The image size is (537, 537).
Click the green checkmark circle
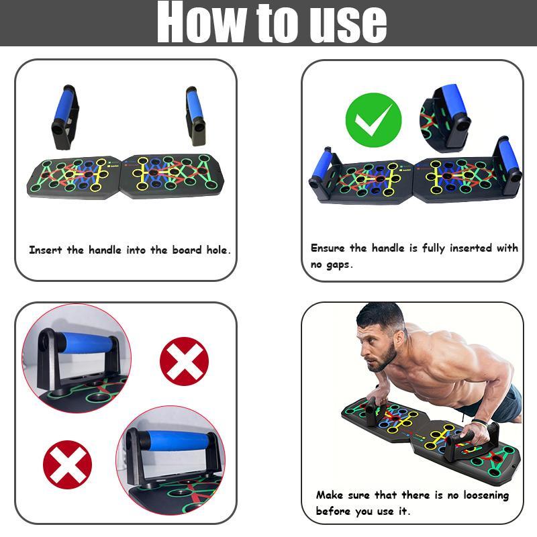[373, 121]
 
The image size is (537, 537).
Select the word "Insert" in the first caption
[46, 250]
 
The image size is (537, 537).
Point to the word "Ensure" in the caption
[329, 248]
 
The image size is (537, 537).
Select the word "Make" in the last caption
[330, 495]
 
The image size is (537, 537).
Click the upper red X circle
[184, 360]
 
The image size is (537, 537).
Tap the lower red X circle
[67, 465]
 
